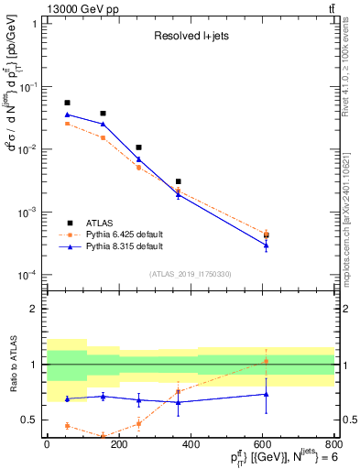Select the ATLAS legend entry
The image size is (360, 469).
(x=100, y=223)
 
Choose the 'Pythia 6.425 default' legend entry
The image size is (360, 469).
(x=124, y=234)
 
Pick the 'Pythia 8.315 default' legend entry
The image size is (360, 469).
(x=124, y=246)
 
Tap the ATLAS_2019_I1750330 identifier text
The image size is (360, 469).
(x=190, y=273)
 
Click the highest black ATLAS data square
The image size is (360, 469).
(x=67, y=103)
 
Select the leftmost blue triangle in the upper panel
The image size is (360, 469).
(x=67, y=115)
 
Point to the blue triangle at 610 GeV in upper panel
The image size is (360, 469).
(x=267, y=245)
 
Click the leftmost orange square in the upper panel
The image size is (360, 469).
(x=67, y=123)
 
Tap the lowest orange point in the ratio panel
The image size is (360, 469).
(x=103, y=436)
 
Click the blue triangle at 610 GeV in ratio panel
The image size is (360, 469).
(x=267, y=394)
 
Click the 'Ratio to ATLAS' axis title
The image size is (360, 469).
(x=13, y=364)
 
